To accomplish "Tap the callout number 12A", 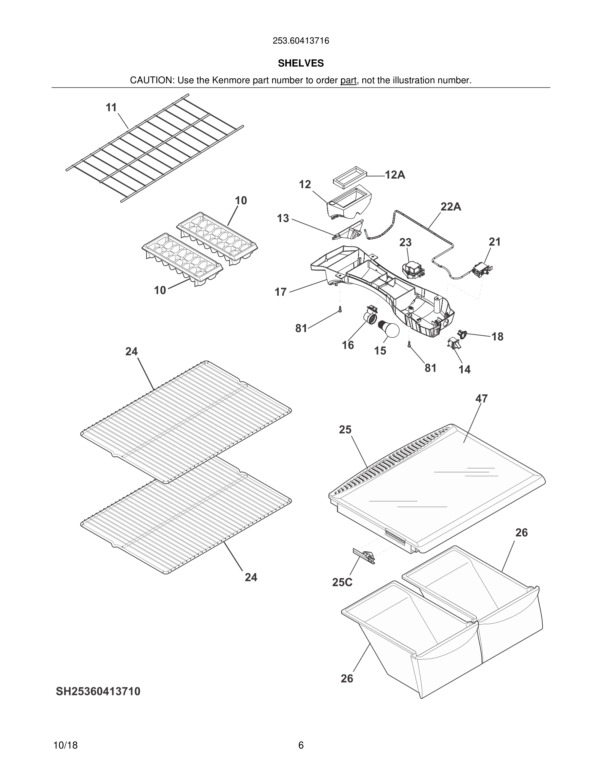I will [x=395, y=175].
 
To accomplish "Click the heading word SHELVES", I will [x=301, y=63].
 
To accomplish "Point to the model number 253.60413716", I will [x=301, y=41].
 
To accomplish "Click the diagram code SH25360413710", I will [x=98, y=691].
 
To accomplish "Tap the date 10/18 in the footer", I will [x=65, y=745].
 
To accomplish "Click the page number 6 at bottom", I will [x=301, y=745].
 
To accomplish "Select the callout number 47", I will [x=481, y=398].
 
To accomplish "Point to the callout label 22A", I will [x=451, y=207].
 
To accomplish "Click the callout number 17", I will [x=280, y=292].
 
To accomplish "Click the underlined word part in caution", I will [x=348, y=81].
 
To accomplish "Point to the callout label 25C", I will [x=342, y=583].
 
